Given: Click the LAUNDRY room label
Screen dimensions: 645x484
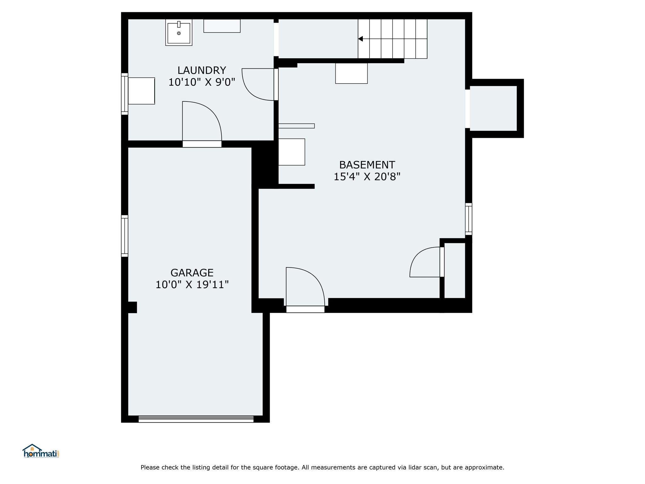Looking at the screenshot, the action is click(x=202, y=70).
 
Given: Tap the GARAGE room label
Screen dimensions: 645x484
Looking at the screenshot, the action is click(x=192, y=273).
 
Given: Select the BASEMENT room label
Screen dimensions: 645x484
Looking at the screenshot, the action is click(x=367, y=165).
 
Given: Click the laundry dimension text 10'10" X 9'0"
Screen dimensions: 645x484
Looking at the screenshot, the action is click(x=202, y=82).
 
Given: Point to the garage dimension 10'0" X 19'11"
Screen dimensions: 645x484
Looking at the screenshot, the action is click(x=192, y=285).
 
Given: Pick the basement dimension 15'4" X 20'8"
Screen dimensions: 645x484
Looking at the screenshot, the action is click(x=367, y=177).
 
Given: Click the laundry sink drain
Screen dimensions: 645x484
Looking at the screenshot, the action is click(x=179, y=33).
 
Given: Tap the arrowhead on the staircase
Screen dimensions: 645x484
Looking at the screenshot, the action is click(x=361, y=39).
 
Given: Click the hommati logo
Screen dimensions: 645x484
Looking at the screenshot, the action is click(x=41, y=451).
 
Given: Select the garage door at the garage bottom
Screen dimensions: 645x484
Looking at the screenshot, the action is click(x=196, y=419).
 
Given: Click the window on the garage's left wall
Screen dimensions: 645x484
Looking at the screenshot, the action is click(x=125, y=236).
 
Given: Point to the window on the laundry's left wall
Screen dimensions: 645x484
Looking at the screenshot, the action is click(x=125, y=94).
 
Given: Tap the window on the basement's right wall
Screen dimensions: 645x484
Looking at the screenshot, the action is click(x=469, y=219).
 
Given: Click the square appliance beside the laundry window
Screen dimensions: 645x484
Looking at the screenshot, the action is click(x=141, y=91).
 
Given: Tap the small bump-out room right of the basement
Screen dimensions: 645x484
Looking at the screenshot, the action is click(x=493, y=108).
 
